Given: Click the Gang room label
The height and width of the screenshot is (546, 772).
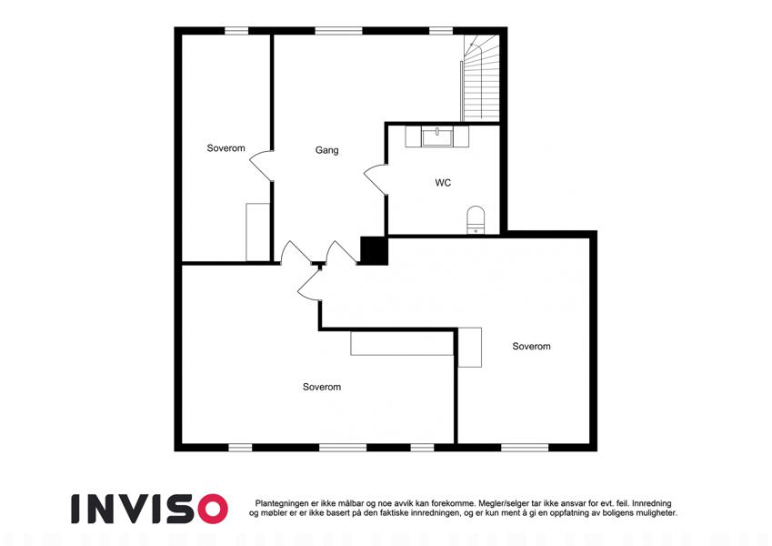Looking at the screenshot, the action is pos(327,150).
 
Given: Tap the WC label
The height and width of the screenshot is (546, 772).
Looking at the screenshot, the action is pos(443,183).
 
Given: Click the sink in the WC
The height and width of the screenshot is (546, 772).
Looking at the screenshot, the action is pos(436,136).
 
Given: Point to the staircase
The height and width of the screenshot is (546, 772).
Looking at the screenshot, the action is pos(480,78).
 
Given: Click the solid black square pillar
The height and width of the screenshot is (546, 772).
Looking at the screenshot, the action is pos(375,250).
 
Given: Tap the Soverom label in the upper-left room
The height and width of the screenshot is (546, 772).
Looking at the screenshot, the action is pos(226,148).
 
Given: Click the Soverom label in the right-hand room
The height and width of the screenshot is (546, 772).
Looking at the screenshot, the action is pos(531,347).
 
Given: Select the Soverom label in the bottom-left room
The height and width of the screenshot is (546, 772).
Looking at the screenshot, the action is pos(322,388).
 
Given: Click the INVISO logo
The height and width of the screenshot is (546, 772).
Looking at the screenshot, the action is pos(150,509).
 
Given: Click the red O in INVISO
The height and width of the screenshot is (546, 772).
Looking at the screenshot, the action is pos(213,509).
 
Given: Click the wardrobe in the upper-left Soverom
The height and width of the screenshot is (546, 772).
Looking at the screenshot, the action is pos(258,232).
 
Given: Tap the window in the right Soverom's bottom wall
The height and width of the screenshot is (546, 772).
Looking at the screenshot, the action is pos(525,448).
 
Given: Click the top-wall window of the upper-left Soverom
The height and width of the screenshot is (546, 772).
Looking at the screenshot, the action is pos(236,31).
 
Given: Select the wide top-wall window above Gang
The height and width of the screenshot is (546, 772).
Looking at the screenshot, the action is pos(339,31).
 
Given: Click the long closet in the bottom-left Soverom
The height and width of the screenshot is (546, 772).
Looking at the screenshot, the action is pos(402,343).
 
